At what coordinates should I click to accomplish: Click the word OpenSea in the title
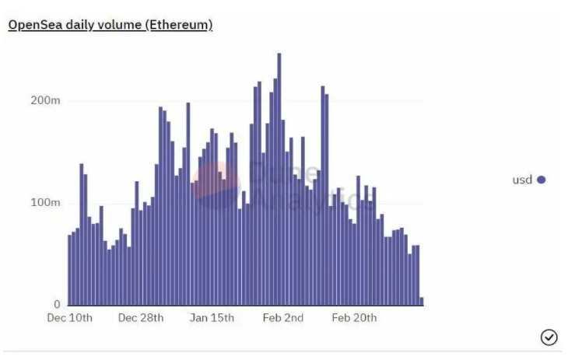pos(34,25)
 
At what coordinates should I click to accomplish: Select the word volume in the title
pos(120,25)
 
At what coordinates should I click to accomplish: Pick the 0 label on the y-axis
pos(57,304)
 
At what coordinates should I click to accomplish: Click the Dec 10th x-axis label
pos(70,318)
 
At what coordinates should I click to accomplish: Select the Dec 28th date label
pos(140,318)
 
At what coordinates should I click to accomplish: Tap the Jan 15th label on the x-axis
pos(212,318)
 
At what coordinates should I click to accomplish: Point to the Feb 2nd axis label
pos(283,318)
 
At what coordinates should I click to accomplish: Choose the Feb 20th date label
pos(354,318)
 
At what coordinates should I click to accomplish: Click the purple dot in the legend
pos(542,180)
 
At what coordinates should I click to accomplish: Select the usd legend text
pos(522,180)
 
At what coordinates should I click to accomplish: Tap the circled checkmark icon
pos(549,337)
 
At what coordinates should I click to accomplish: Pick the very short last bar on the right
pos(422,301)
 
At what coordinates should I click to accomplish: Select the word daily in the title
pos(82,25)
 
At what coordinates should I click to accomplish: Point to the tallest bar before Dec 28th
pos(82,233)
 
